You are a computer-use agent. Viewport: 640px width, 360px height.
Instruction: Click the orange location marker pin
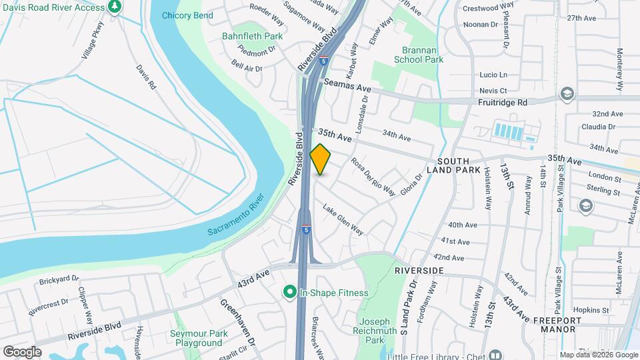321,159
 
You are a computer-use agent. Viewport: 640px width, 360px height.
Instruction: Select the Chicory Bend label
187,15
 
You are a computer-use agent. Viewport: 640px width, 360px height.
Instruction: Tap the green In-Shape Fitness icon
290,292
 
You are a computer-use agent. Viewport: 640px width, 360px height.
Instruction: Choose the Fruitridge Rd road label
503,103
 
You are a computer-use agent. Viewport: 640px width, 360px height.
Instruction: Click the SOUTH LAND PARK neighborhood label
459,166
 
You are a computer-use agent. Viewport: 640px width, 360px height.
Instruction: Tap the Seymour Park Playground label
199,338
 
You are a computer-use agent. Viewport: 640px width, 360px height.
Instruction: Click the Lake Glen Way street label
343,219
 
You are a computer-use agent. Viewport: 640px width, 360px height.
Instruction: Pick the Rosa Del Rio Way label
373,175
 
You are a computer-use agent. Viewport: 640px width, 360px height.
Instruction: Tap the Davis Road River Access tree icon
115,7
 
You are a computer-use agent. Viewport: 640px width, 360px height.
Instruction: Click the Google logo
21,351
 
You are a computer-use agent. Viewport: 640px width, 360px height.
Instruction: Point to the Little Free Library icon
495,354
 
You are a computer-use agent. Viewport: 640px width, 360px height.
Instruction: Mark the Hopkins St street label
587,310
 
